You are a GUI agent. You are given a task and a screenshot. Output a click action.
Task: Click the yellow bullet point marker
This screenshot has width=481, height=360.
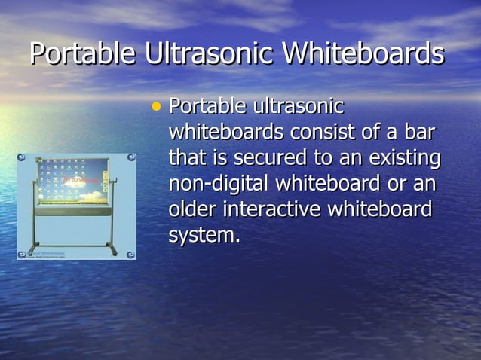(156, 107)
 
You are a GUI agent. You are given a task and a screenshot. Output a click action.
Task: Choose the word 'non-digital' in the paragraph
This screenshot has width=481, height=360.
(219, 184)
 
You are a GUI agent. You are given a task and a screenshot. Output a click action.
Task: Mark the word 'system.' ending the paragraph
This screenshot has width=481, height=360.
(204, 235)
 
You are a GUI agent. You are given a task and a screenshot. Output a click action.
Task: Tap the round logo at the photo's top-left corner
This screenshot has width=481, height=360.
(22, 158)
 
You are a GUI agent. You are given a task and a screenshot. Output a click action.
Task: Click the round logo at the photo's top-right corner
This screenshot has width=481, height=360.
(130, 158)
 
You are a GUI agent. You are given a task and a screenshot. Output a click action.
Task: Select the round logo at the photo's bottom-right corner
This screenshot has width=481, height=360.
(130, 254)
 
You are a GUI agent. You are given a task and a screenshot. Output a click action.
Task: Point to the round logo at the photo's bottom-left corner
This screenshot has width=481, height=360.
(22, 254)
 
